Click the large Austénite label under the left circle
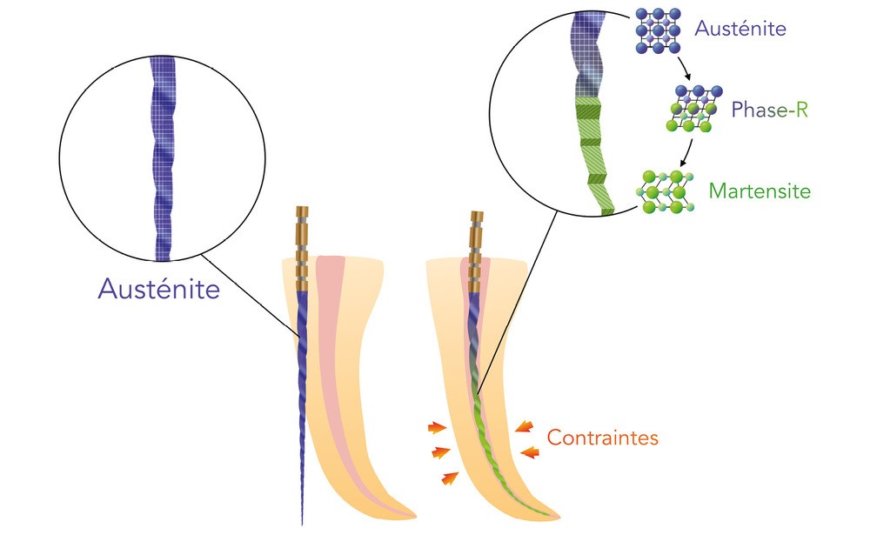pyautogui.click(x=158, y=289)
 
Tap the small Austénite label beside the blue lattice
pyautogui.click(x=739, y=29)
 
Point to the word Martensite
pyautogui.click(x=760, y=190)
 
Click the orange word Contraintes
pyautogui.click(x=602, y=438)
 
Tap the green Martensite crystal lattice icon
pyautogui.click(x=665, y=192)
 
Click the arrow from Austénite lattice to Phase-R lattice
pyautogui.click(x=684, y=70)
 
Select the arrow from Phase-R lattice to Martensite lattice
pyautogui.click(x=687, y=152)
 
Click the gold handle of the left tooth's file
pyautogui.click(x=302, y=248)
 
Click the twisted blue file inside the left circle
pyautogui.click(x=164, y=157)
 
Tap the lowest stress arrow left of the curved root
pyautogui.click(x=449, y=478)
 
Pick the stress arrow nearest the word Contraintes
pyautogui.click(x=524, y=425)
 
